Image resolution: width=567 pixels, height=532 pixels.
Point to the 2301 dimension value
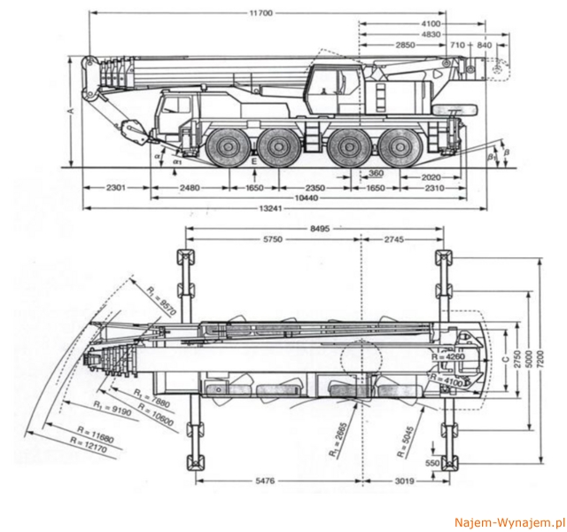click(116, 188)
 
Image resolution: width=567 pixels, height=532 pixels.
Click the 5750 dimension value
click(271, 240)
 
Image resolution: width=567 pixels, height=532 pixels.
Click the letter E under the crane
click(253, 164)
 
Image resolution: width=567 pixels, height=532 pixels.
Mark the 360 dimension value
click(376, 172)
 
